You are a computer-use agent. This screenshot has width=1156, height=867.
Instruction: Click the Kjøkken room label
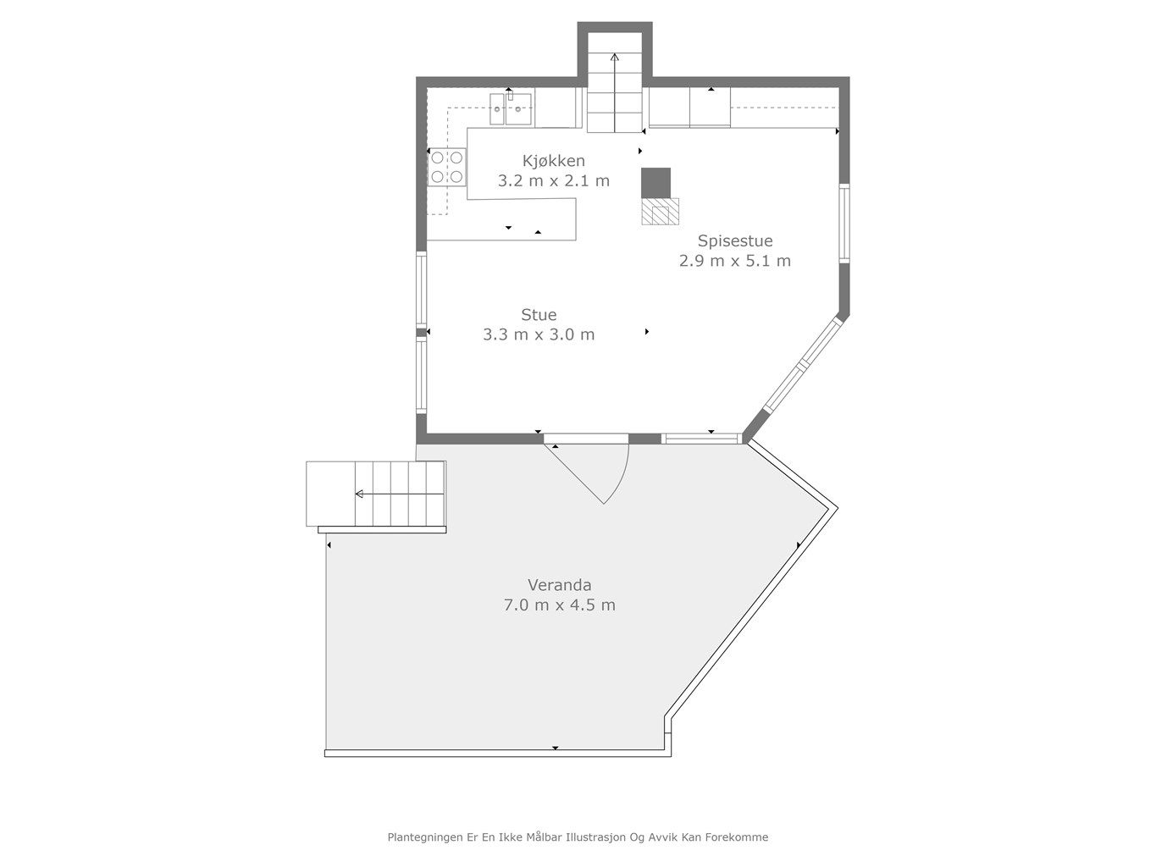(x=553, y=161)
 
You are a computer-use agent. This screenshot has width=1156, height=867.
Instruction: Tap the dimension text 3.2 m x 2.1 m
(x=553, y=180)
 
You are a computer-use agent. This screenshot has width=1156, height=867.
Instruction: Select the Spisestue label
(x=734, y=240)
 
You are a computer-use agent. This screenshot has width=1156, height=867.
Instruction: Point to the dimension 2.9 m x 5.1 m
(x=734, y=261)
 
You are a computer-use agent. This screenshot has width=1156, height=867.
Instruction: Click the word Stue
(x=539, y=315)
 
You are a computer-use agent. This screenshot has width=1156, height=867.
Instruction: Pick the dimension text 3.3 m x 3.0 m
(x=539, y=334)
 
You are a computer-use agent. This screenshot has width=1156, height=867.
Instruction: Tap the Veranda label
(x=559, y=584)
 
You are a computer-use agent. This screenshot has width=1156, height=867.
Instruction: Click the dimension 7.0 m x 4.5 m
(x=559, y=605)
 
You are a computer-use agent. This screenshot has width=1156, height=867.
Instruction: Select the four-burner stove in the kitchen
(x=446, y=166)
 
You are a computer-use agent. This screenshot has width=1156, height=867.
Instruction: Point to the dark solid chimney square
(x=655, y=182)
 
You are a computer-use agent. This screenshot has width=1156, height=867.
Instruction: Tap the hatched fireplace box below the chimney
(x=660, y=211)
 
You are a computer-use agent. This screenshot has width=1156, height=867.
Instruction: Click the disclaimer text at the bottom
(x=578, y=837)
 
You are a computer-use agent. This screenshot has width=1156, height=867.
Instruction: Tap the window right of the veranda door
(x=700, y=439)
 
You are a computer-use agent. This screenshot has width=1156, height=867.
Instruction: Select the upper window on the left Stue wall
(x=421, y=290)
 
